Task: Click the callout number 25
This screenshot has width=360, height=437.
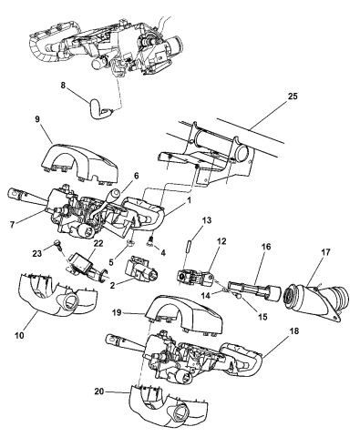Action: pos(293,97)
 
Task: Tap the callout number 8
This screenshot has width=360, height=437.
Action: pos(63,86)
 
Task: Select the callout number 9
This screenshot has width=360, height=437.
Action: pos(37,119)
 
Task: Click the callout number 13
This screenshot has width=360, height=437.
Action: pos(207,220)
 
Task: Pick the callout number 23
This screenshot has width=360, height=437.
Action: pos(37,253)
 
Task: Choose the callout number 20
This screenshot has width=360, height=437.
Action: pos(99,391)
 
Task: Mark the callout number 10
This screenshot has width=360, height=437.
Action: pos(19,335)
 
